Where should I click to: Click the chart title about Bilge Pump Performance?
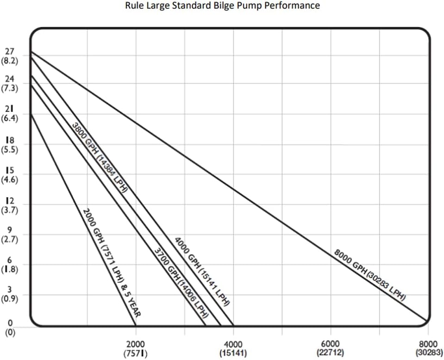click(222, 6)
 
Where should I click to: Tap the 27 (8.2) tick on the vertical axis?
click(10, 55)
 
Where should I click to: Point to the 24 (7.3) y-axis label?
click(10, 84)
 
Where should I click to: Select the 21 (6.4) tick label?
click(10, 114)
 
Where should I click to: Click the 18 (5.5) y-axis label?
click(10, 145)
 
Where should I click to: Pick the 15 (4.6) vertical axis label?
click(10, 175)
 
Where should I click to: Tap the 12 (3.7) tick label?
click(10, 205)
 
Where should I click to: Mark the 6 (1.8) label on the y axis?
click(10, 265)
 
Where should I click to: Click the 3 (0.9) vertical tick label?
click(10, 294)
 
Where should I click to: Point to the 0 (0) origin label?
click(10, 327)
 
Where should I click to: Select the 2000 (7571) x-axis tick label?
click(136, 348)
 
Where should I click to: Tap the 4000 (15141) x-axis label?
click(233, 348)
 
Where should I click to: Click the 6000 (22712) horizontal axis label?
click(330, 348)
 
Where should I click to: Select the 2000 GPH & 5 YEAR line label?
click(112, 262)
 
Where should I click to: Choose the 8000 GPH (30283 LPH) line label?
click(369, 275)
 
